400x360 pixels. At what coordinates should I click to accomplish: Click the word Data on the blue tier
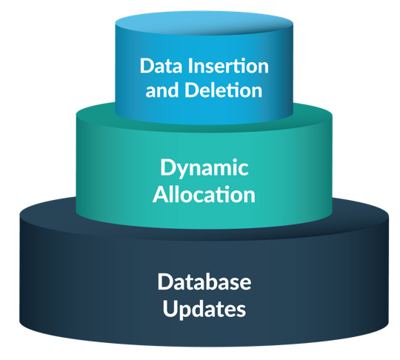pyautogui.click(x=161, y=66)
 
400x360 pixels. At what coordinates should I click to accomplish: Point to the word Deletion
pyautogui.click(x=220, y=91)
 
